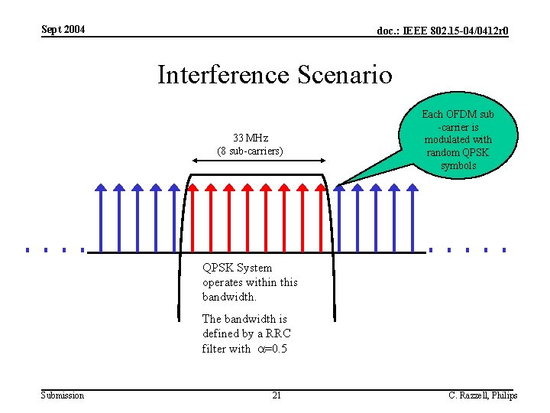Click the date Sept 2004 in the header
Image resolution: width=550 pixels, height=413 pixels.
click(63, 30)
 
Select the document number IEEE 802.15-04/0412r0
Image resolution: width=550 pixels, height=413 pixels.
click(443, 31)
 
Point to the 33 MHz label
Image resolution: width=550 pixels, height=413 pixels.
click(250, 138)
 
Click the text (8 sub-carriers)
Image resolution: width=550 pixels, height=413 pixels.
click(250, 151)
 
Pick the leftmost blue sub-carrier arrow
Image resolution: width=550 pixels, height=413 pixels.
click(101, 217)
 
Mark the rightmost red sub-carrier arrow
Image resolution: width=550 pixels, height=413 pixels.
click(321, 217)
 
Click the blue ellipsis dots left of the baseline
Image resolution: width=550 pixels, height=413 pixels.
click(53, 249)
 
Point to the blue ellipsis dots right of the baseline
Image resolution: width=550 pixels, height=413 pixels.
click(467, 249)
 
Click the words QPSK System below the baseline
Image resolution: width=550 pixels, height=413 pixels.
click(237, 268)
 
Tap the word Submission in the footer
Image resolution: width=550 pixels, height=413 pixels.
click(63, 395)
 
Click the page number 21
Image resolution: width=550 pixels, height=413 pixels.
click(277, 395)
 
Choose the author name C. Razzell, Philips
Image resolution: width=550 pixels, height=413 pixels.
click(482, 395)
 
